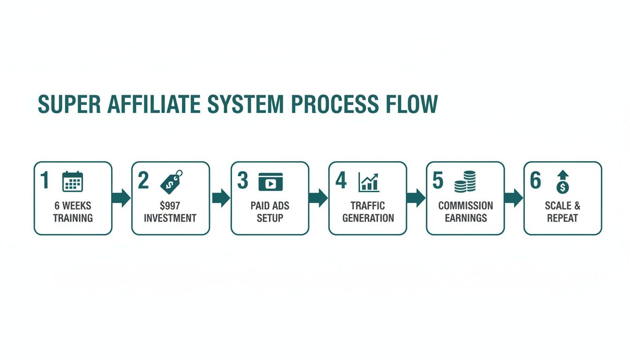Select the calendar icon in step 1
pyautogui.click(x=73, y=181)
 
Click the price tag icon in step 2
pyautogui.click(x=171, y=181)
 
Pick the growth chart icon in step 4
pyautogui.click(x=369, y=182)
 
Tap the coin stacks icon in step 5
pyautogui.click(x=465, y=181)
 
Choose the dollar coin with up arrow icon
pyautogui.click(x=562, y=181)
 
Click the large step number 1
pyautogui.click(x=45, y=181)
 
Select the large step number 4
pyautogui.click(x=341, y=181)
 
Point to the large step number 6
pyautogui.click(x=535, y=181)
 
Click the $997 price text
pyautogui.click(x=170, y=206)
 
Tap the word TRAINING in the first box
pyautogui.click(x=73, y=218)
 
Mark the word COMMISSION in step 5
pyautogui.click(x=465, y=206)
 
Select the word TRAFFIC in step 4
pyautogui.click(x=368, y=206)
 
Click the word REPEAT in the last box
pyautogui.click(x=562, y=218)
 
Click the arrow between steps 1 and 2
pyautogui.click(x=122, y=198)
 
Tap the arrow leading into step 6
pyautogui.click(x=514, y=198)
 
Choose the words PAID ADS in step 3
pyautogui.click(x=270, y=206)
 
